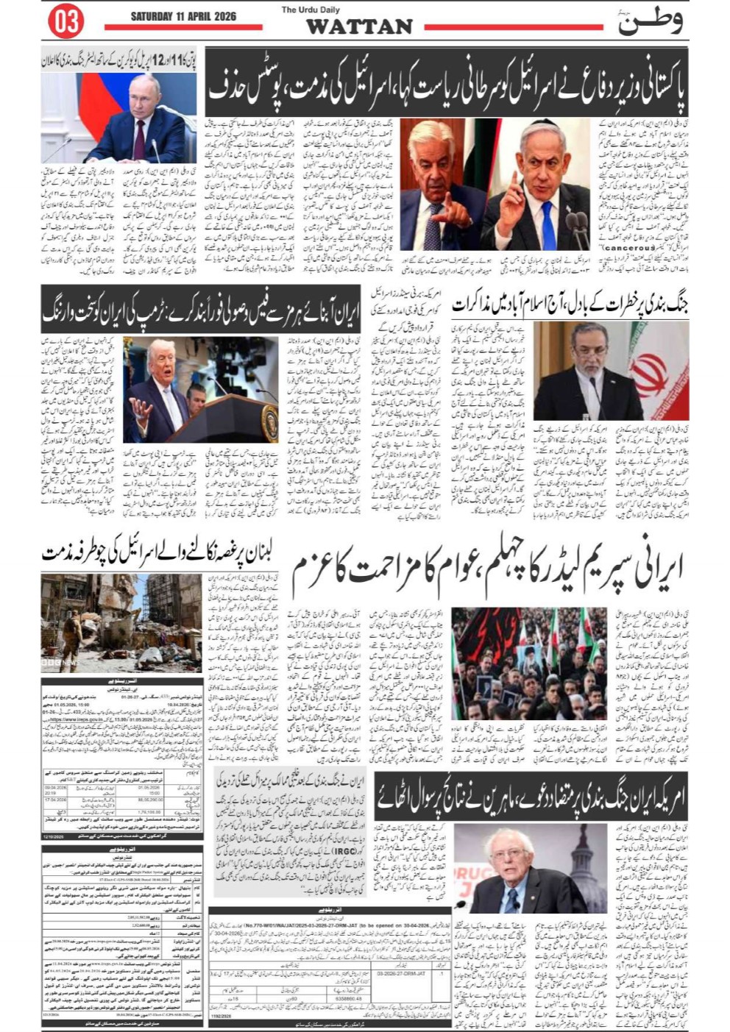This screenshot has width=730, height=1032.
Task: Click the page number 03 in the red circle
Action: (65, 22)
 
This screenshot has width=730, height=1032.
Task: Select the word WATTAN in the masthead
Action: (358, 27)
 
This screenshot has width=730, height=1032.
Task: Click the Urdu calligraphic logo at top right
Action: (651, 21)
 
